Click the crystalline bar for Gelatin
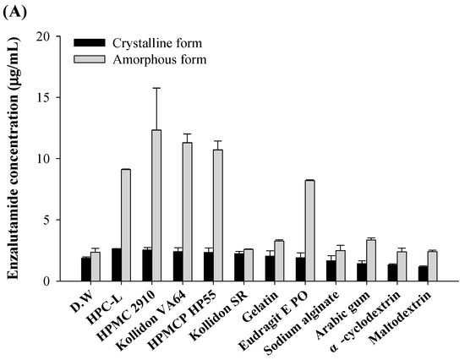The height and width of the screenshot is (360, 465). coord(270,268)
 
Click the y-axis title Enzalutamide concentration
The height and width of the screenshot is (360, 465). coord(16,158)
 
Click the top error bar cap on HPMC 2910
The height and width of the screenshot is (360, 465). coord(156,88)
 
